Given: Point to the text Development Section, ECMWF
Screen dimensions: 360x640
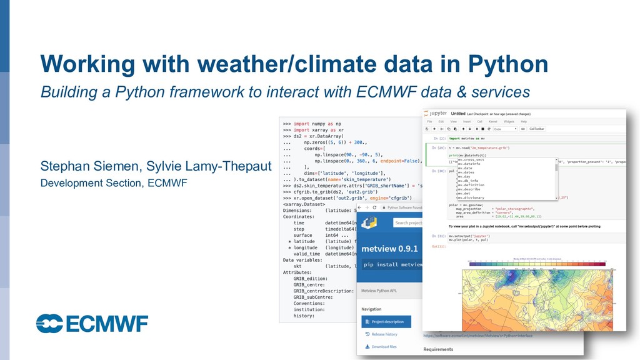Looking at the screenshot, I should pos(114,183).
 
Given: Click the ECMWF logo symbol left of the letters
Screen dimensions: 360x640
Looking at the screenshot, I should pos(49,323).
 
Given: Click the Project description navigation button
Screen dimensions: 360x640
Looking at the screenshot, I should pos(386,322).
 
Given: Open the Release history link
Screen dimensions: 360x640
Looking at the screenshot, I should pos(384,334).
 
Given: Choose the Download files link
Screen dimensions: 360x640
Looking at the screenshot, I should pos(384,347).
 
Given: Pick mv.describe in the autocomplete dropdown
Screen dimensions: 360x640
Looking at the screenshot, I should pos(470,189).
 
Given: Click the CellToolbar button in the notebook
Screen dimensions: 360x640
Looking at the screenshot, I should pos(537,129).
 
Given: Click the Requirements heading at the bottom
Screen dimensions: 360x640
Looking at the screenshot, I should pos(438,349).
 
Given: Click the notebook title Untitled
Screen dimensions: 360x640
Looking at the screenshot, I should pos(458,114).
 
